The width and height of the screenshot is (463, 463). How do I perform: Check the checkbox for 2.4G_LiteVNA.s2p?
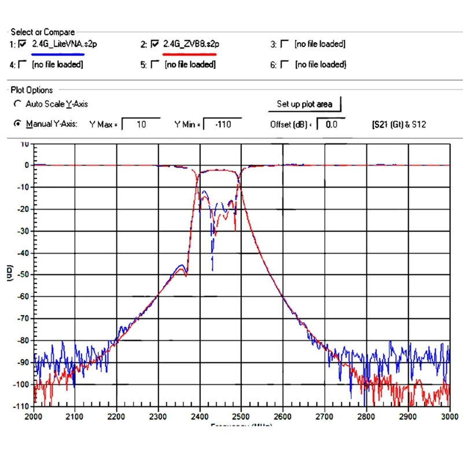pyautogui.click(x=23, y=43)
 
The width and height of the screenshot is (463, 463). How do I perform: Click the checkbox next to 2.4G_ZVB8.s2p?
pyautogui.click(x=155, y=43)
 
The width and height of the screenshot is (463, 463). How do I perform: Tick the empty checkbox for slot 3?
pyautogui.click(x=284, y=43)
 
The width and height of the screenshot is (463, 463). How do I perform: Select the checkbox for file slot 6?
pyautogui.click(x=284, y=64)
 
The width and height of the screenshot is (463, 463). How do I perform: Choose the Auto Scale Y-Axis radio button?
pyautogui.click(x=17, y=104)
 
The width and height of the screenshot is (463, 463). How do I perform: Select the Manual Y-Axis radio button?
pyautogui.click(x=17, y=124)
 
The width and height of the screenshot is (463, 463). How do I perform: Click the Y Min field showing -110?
pyautogui.click(x=222, y=124)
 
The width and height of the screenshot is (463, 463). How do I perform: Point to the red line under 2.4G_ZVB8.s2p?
pyautogui.click(x=190, y=54)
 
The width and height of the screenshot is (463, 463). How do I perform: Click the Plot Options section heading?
pyautogui.click(x=32, y=90)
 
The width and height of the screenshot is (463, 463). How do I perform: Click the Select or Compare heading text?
pyautogui.click(x=43, y=32)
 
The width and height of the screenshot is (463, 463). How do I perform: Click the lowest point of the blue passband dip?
pyautogui.click(x=212, y=270)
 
